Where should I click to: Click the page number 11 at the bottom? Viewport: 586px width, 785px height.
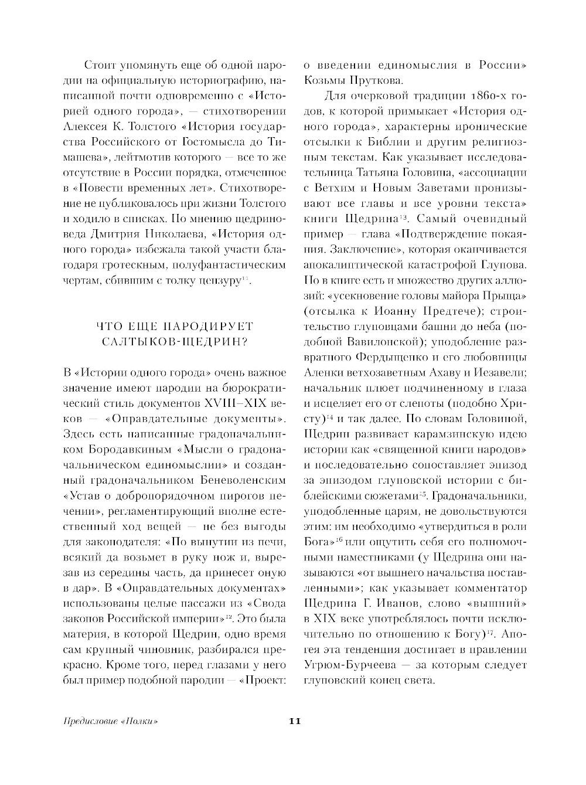coord(295,721)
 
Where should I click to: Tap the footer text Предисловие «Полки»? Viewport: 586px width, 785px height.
coord(111,721)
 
